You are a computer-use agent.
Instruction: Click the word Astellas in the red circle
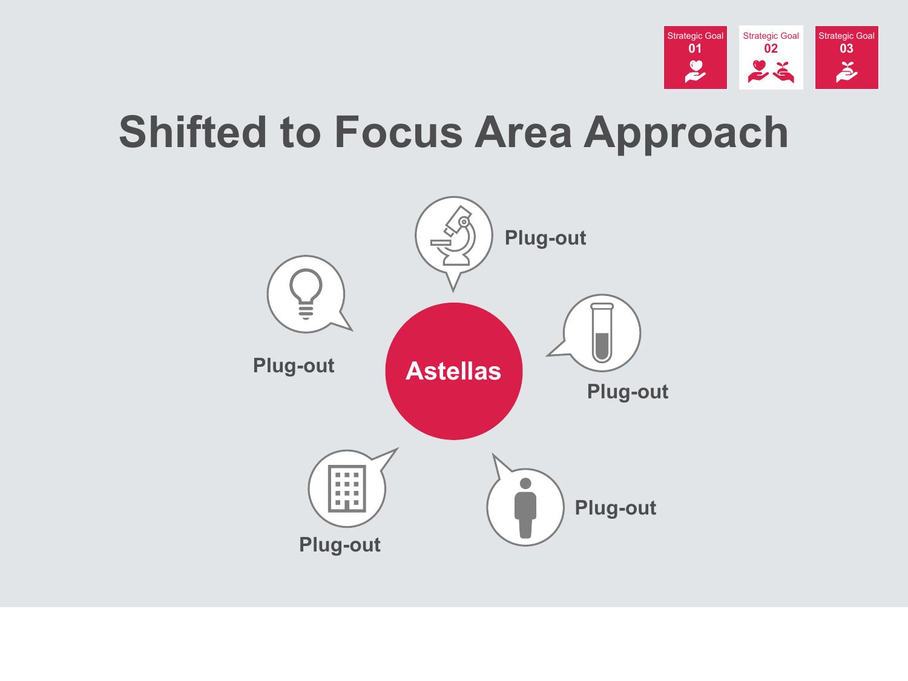[453, 371]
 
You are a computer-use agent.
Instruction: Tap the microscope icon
[453, 235]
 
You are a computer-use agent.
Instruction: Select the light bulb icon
[306, 294]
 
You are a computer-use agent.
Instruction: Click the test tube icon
[602, 333]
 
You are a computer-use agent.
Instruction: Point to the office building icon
[347, 489]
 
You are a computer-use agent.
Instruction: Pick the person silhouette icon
[525, 508]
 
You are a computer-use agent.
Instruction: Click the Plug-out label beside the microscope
[545, 238]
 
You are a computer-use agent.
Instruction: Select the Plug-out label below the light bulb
[294, 366]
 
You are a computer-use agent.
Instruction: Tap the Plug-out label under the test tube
[628, 392]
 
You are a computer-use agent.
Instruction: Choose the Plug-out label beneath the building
[340, 545]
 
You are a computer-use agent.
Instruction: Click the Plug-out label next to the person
[616, 508]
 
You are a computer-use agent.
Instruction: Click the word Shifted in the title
[192, 133]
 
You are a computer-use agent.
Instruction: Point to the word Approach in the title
[685, 134]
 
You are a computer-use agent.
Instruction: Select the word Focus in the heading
[398, 133]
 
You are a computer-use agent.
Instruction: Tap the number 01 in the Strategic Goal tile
[695, 48]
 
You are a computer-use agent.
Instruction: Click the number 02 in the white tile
[771, 48]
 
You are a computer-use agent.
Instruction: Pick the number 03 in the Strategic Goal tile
[846, 48]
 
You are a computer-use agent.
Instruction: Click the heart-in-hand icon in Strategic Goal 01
[695, 71]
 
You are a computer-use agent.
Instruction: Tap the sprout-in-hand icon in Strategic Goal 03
[846, 72]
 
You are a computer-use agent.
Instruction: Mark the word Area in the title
[523, 133]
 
